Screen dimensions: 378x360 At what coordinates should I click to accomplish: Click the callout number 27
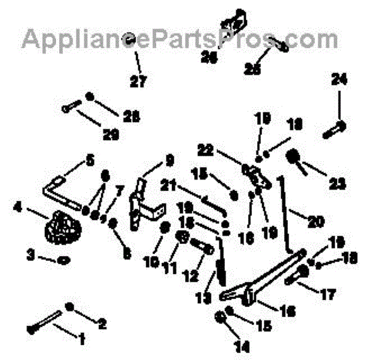click(x=138, y=81)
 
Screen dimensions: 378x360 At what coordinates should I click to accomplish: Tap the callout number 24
click(x=340, y=79)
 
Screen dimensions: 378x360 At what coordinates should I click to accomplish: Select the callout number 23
click(x=338, y=185)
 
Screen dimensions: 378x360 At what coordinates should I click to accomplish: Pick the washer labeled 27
click(x=129, y=39)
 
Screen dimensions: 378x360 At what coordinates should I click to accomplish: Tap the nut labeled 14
click(x=221, y=316)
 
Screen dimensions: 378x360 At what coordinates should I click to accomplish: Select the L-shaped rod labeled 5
click(x=60, y=189)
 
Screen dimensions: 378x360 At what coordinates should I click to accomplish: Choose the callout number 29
click(x=111, y=134)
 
